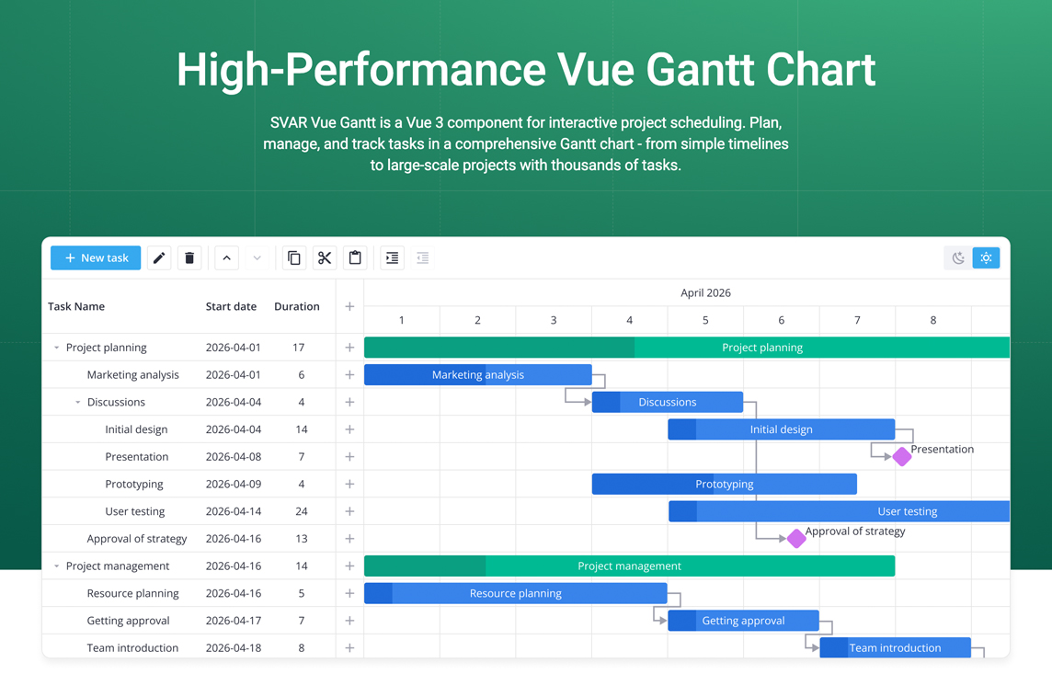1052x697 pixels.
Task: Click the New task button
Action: (96, 257)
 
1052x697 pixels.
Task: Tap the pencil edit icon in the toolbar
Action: (159, 257)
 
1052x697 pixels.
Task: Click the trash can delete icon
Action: (189, 257)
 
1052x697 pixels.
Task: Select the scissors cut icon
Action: (325, 257)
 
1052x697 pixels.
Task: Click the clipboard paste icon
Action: (355, 257)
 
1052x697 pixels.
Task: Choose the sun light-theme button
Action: (986, 257)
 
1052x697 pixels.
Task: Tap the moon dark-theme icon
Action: (958, 257)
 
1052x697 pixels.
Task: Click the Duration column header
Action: (296, 306)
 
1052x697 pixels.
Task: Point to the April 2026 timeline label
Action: (706, 292)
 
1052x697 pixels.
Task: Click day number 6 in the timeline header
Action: (781, 320)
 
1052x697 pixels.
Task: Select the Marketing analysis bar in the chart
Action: (477, 374)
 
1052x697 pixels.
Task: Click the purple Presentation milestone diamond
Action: (902, 456)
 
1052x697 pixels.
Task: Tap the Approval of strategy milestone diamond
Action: (795, 538)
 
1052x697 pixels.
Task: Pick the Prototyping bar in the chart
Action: (724, 484)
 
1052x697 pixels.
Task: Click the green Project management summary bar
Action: (629, 566)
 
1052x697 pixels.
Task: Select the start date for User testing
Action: (234, 511)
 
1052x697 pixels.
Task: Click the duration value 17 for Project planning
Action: (299, 348)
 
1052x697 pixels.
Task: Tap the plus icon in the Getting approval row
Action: (349, 621)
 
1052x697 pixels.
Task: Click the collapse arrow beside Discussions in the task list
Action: (78, 402)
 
